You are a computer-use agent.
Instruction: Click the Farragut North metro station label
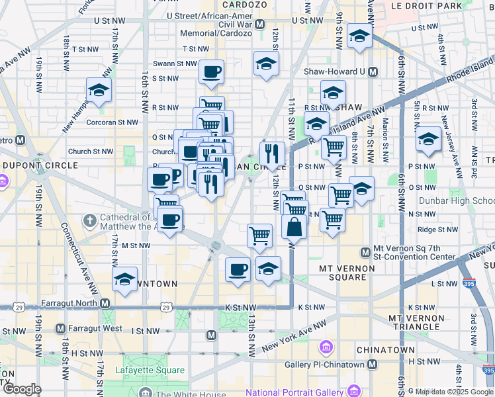(69, 304)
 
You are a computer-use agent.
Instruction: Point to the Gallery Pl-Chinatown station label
(324, 365)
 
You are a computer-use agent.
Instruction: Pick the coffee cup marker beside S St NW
(211, 72)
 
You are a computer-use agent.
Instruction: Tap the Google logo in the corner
(21, 389)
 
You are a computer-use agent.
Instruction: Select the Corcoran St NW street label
(114, 122)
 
